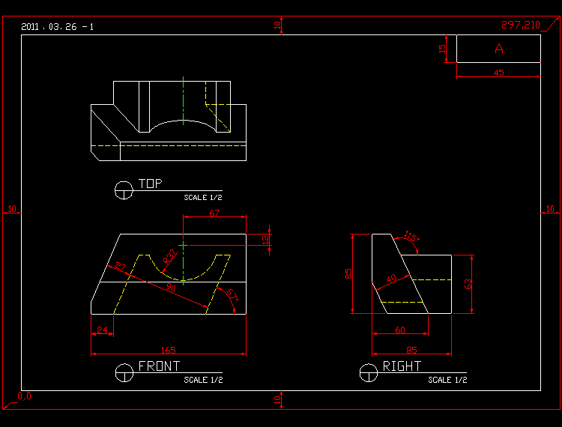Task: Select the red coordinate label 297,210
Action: tap(520, 25)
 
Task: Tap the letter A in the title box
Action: tap(499, 49)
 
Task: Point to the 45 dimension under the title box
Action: tap(498, 73)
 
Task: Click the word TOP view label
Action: tap(150, 184)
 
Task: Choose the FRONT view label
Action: tap(159, 366)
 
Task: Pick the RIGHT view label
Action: tap(402, 366)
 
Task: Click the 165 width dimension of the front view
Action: tap(168, 350)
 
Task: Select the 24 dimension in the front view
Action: tap(102, 330)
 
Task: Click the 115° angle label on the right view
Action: tap(411, 237)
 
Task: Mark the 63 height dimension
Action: tap(469, 284)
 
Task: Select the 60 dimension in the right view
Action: tap(400, 330)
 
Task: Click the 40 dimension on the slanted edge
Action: tap(391, 279)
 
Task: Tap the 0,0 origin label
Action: tap(25, 396)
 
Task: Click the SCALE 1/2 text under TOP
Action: tap(202, 198)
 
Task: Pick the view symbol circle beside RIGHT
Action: tap(368, 372)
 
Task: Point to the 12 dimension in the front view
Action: tap(265, 239)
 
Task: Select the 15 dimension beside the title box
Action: tap(442, 49)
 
